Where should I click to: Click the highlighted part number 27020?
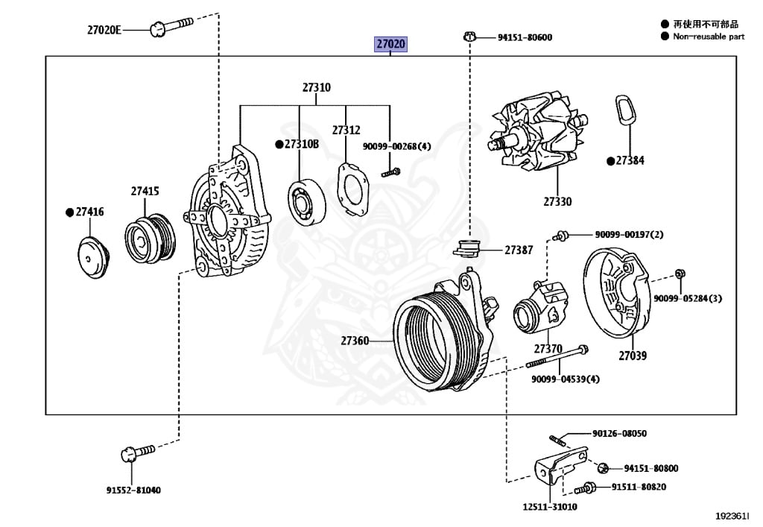[x=390, y=45]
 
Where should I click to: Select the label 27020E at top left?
[x=104, y=30]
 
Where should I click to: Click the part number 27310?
[x=316, y=87]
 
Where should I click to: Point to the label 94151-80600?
[x=525, y=37]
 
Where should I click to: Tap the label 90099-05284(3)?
[x=688, y=299]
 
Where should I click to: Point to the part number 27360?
[x=355, y=341]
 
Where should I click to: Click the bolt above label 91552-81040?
[x=136, y=452]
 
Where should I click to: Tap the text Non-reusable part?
[x=708, y=36]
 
